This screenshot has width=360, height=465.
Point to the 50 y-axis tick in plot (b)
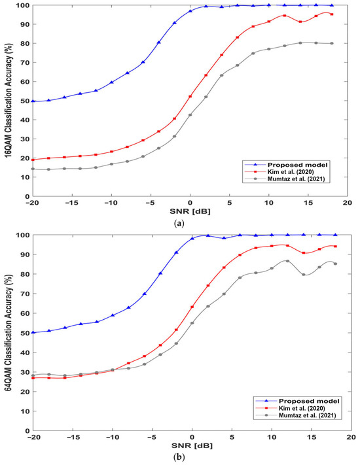[x=24, y=333]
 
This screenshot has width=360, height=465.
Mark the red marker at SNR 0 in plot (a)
[x=190, y=96]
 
